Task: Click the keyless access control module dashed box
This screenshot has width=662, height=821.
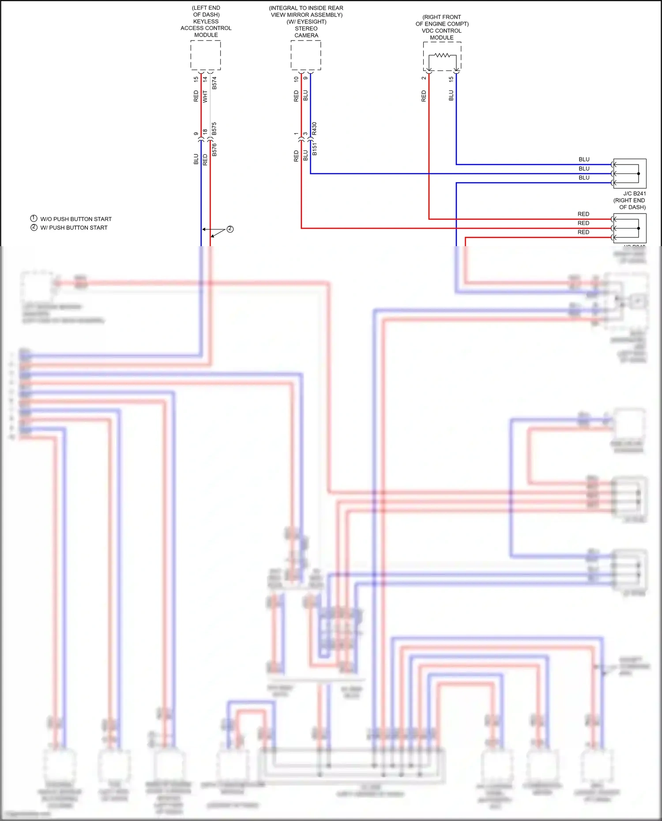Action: (206, 55)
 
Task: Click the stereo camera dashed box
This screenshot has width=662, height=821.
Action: (306, 55)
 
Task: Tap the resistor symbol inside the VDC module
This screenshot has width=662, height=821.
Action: (442, 56)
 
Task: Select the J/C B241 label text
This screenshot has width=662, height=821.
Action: (634, 194)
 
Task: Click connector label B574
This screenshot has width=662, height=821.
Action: (214, 83)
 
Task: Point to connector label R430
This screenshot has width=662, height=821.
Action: (314, 128)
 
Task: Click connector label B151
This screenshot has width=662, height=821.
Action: (314, 149)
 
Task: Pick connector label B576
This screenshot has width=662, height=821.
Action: (214, 150)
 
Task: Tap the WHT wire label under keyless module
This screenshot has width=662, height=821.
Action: (205, 97)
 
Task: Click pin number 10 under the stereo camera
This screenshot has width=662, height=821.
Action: (296, 79)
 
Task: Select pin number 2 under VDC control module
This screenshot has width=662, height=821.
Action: (424, 78)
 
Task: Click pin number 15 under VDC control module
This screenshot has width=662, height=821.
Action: (451, 79)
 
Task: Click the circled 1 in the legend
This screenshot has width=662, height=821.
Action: (34, 218)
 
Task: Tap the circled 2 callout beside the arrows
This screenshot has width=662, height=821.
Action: (230, 229)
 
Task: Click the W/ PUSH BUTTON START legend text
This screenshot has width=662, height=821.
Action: (74, 228)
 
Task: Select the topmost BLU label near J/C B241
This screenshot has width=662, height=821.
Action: (584, 159)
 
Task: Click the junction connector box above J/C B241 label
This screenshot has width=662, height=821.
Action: (630, 173)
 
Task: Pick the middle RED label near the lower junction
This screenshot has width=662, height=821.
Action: (583, 223)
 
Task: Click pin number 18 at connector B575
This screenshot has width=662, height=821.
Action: (205, 131)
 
